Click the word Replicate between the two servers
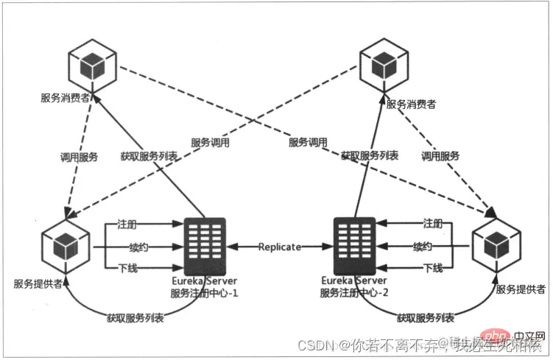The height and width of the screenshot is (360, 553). click(x=279, y=247)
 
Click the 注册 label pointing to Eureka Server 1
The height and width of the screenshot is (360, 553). click(x=127, y=223)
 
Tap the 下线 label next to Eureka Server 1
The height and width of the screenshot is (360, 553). click(x=127, y=267)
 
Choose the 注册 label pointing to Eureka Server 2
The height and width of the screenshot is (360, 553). click(x=433, y=223)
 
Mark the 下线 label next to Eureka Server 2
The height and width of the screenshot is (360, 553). click(x=433, y=267)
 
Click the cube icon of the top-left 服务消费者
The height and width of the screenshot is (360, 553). click(x=91, y=65)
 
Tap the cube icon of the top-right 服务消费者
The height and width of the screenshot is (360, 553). click(x=385, y=65)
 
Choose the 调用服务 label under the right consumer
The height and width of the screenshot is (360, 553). click(x=440, y=156)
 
